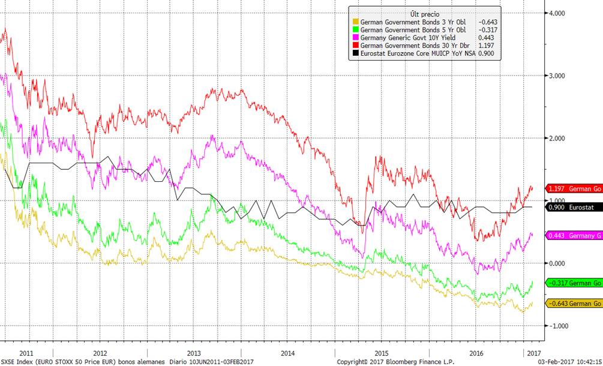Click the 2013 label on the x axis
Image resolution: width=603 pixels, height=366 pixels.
193,353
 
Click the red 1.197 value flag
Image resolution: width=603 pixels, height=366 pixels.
573,188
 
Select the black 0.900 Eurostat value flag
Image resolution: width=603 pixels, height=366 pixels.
573,207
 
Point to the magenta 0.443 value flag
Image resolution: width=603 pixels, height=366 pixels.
573,235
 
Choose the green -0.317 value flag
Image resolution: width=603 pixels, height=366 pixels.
573,283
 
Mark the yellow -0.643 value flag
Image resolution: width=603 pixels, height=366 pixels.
573,304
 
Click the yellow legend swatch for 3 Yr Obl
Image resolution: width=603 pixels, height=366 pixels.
355,23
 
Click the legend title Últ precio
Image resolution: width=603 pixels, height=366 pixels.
425,13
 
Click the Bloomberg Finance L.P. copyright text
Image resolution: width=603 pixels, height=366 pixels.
395,362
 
